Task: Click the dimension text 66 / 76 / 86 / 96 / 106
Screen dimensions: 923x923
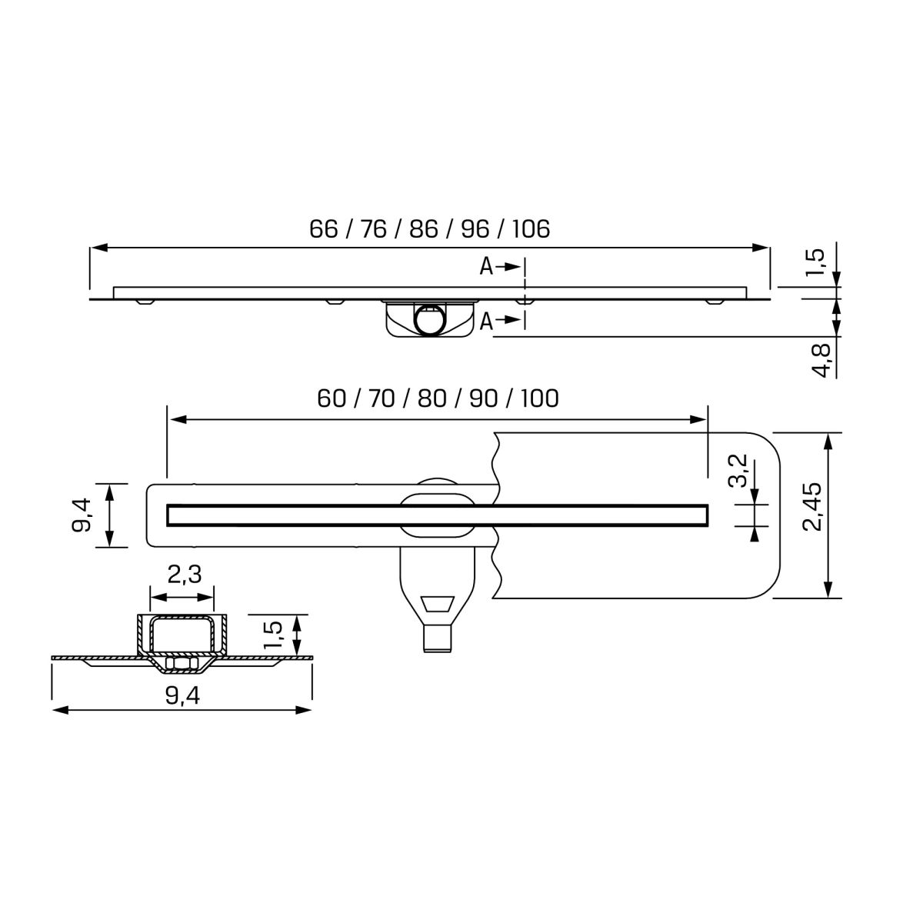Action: [430, 229]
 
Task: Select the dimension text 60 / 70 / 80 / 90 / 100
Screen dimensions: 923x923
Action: [438, 398]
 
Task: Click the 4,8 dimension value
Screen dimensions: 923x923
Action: [823, 361]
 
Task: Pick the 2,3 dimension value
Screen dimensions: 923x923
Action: [185, 574]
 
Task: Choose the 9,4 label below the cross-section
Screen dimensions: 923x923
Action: [182, 695]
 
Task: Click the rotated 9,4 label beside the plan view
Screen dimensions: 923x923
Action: [82, 515]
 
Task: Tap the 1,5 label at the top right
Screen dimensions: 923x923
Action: [815, 262]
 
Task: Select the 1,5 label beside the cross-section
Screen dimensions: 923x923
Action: [274, 635]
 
